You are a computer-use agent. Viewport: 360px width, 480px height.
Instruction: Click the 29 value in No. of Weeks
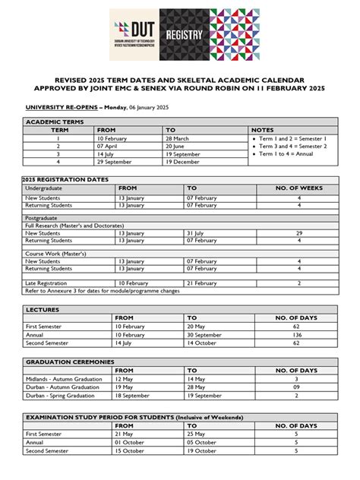click(x=298, y=233)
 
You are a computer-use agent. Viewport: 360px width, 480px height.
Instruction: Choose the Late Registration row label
click(x=47, y=283)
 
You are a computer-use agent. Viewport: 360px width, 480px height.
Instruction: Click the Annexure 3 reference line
click(x=103, y=290)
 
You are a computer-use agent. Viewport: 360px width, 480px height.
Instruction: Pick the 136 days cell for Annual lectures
click(x=298, y=334)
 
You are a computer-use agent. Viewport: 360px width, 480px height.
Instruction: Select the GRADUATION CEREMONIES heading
click(x=70, y=362)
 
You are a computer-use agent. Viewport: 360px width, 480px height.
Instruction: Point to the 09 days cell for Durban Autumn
click(x=298, y=387)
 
